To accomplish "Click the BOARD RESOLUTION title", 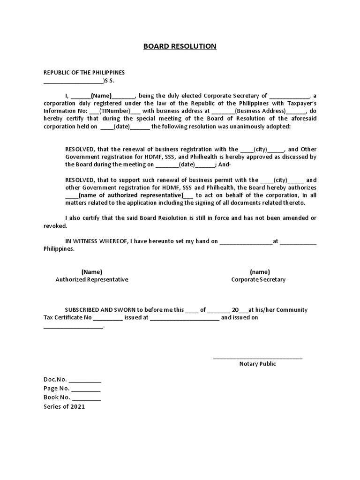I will click(x=180, y=46).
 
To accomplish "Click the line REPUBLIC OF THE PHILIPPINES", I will click(x=84, y=73).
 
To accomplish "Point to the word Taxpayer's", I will click(x=299, y=103).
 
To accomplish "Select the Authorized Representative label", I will click(x=92, y=279).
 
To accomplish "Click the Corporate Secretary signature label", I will click(x=258, y=279).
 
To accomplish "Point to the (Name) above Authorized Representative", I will click(x=92, y=272).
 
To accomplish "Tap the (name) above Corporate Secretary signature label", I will click(x=260, y=272).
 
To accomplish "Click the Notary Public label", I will click(x=258, y=364).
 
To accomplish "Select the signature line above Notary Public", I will click(x=258, y=358).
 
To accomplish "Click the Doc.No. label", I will click(x=55, y=379).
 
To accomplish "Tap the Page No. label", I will click(x=57, y=389).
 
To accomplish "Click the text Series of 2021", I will click(x=64, y=407).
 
